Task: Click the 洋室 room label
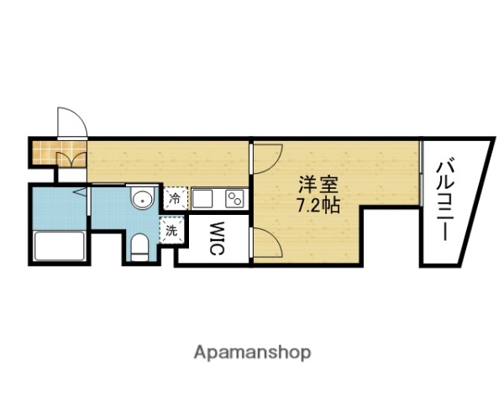coord(318,185)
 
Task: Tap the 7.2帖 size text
coord(318,205)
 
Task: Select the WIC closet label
coord(217,238)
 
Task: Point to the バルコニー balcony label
coord(446,198)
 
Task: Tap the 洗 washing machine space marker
coord(171,231)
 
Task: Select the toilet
coord(139,247)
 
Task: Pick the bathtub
coord(60,246)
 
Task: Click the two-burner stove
coord(235,199)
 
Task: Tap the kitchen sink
coord(202,199)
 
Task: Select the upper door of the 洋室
coord(267,159)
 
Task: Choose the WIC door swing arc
coord(267,242)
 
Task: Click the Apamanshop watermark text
coord(253,353)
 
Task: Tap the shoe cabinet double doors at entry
coord(71,160)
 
